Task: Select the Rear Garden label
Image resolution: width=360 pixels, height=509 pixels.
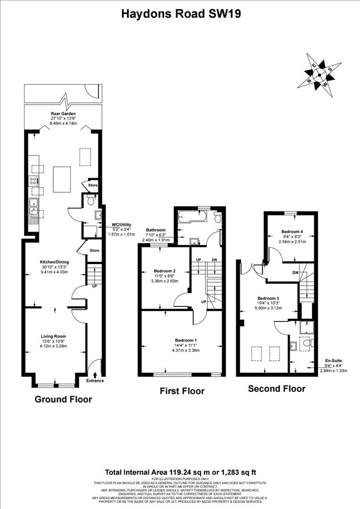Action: [63, 114]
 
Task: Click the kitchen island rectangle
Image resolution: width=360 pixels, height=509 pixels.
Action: [63, 179]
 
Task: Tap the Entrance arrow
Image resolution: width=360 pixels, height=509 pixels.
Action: [96, 375]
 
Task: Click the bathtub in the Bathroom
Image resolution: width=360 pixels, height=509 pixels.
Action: [194, 217]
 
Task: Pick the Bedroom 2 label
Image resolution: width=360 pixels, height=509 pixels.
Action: [164, 271]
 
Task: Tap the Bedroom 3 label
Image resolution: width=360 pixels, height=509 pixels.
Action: [268, 298]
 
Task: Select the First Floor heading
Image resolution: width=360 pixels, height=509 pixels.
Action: [182, 391]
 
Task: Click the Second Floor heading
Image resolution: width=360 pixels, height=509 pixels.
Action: [277, 389]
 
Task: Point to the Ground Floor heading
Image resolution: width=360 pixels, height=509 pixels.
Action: [63, 400]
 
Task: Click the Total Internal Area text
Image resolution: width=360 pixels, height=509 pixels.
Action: [180, 472]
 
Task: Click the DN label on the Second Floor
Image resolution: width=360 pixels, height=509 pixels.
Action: [295, 272]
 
